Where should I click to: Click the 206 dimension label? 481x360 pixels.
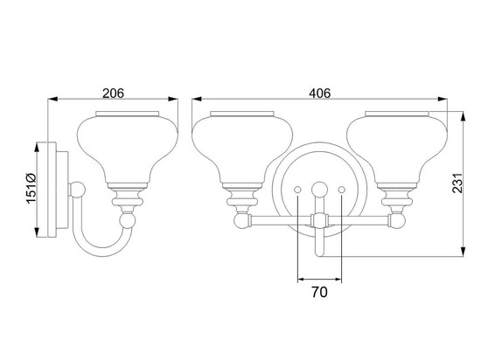(x=113, y=93)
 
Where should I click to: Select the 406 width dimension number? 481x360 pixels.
(x=319, y=93)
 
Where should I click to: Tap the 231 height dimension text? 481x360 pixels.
(x=457, y=183)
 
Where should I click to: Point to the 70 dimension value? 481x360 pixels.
(x=319, y=292)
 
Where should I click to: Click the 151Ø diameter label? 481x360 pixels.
(x=31, y=189)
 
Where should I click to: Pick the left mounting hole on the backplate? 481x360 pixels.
(x=297, y=190)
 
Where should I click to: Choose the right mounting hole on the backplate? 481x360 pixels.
(x=341, y=190)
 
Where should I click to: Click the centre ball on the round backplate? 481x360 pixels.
(x=319, y=190)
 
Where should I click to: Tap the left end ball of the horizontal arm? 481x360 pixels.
(x=242, y=220)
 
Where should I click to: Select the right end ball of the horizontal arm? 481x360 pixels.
(x=397, y=220)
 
